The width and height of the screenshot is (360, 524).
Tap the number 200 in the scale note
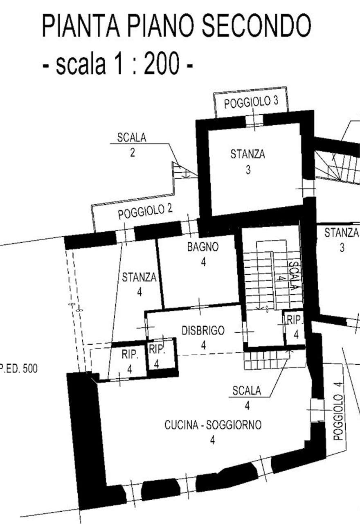coord(162,63)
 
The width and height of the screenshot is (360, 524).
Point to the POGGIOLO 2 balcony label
coord(145,212)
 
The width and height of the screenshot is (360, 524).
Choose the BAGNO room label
coord(203,247)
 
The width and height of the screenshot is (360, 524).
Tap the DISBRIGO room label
coord(203,330)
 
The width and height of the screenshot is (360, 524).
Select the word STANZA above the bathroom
coord(248,154)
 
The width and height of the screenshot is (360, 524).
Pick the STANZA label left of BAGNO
coord(139,277)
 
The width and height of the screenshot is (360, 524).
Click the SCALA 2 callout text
coord(132,145)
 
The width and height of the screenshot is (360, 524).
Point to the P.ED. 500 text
coord(19,369)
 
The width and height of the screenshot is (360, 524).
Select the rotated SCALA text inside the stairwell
coord(293,276)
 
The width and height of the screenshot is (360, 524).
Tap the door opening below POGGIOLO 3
coord(254,121)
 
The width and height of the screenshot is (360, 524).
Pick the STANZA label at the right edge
coord(342,233)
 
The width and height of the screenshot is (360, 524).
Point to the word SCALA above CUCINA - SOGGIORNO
coord(247,391)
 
